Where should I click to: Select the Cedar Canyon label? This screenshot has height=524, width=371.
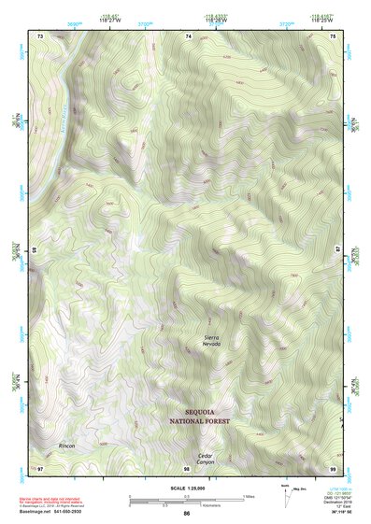point(206,459)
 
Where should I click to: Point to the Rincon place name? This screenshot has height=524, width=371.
point(66,446)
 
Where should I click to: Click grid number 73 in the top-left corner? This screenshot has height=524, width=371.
point(40,35)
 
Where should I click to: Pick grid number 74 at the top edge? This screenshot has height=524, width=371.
point(189,35)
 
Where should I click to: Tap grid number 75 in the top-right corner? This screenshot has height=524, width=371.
point(335,35)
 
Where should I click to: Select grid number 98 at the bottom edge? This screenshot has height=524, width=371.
point(187,466)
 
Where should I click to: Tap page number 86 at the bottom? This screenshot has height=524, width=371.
point(187,514)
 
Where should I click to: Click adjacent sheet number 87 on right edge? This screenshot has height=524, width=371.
point(337,250)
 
